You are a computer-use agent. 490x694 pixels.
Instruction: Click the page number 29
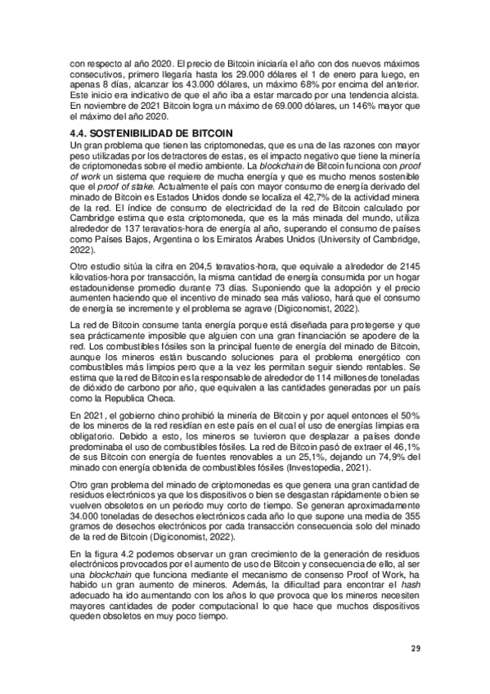coord(415,648)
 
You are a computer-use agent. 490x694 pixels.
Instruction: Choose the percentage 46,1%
coord(406,448)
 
